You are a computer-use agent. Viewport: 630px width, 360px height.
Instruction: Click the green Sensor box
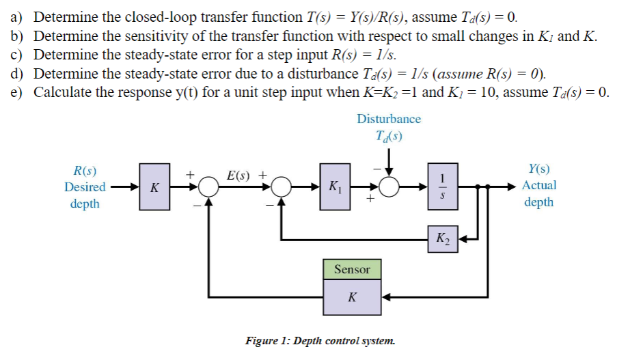pyautogui.click(x=352, y=270)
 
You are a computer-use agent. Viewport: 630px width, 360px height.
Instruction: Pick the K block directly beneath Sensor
pyautogui.click(x=352, y=298)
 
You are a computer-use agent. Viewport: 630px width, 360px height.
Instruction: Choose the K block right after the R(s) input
pyautogui.click(x=154, y=186)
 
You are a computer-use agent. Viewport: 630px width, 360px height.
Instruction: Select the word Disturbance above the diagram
pyautogui.click(x=389, y=119)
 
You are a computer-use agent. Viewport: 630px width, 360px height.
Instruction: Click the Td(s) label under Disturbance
pyautogui.click(x=389, y=135)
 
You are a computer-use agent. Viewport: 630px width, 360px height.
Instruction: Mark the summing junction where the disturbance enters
pyautogui.click(x=389, y=186)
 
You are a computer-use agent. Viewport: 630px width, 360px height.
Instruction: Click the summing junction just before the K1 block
pyautogui.click(x=281, y=186)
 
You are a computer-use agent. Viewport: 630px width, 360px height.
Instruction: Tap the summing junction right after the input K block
pyautogui.click(x=208, y=186)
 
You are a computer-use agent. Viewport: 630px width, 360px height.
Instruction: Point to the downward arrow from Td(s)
pyautogui.click(x=389, y=162)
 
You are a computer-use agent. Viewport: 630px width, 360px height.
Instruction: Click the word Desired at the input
pyautogui.click(x=85, y=186)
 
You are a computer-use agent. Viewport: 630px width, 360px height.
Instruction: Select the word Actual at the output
pyautogui.click(x=539, y=185)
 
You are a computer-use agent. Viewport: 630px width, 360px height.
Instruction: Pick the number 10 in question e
pyautogui.click(x=485, y=92)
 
